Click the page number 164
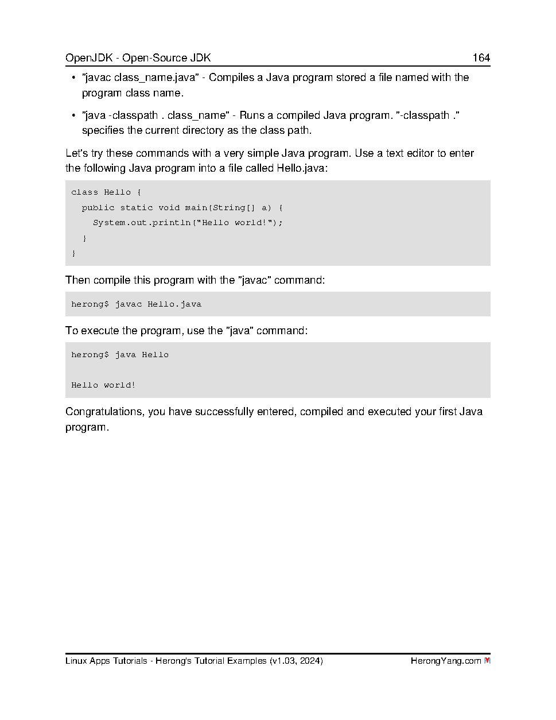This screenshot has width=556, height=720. pos(481,57)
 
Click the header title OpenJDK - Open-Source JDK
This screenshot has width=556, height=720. pos(138,57)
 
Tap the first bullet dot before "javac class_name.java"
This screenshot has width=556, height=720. pos(73,78)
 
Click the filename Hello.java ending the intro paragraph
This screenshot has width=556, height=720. pos(301,168)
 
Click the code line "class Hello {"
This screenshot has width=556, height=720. pos(106,192)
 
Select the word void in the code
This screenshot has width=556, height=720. pos(169,208)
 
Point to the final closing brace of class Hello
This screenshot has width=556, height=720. pos(73,253)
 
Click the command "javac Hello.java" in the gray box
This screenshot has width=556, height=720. pos(158,304)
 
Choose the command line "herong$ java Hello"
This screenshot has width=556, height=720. pos(120,355)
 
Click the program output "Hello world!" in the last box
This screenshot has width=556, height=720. pos(103,385)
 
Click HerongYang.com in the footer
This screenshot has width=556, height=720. pos(445,661)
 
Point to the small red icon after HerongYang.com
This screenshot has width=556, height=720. pos(487,661)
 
